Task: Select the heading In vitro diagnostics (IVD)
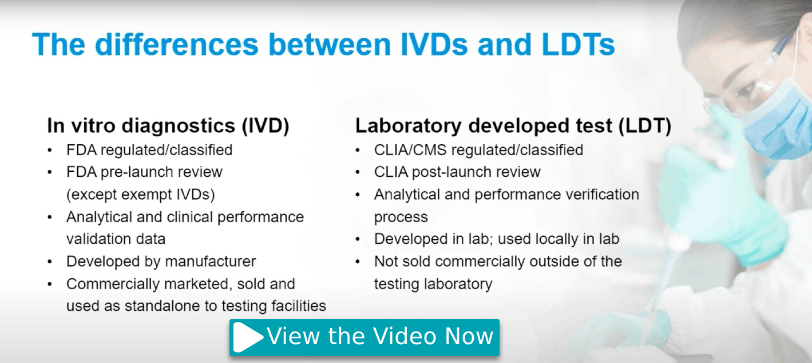168,126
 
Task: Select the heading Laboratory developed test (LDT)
513,126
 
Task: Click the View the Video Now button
365,337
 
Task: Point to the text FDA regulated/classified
149,151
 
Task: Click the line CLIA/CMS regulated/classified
478,151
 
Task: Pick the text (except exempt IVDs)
141,195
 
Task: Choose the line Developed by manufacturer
161,262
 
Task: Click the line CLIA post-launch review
457,172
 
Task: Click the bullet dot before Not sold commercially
358,262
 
